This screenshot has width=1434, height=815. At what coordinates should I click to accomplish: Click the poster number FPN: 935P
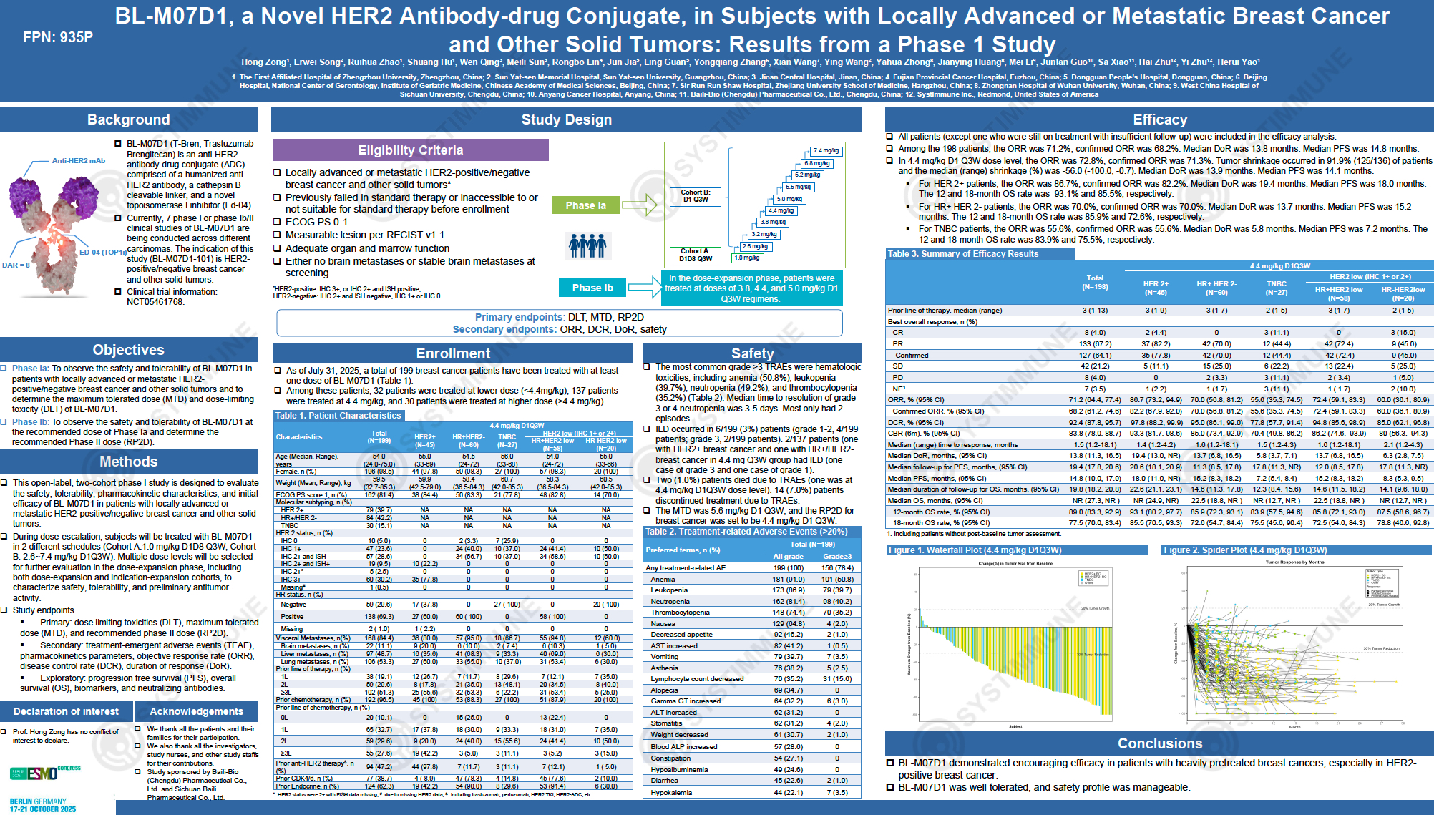coord(58,37)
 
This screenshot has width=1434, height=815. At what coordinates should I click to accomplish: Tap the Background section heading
coord(129,119)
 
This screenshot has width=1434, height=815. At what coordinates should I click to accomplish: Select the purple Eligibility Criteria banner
coord(410,150)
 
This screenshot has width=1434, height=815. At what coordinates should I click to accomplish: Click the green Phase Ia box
coord(585,205)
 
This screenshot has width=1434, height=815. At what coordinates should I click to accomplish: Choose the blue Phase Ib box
coord(592,288)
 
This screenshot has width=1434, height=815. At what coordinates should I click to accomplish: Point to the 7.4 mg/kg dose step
coord(826,151)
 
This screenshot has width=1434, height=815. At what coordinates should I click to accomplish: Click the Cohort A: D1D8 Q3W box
coord(696,255)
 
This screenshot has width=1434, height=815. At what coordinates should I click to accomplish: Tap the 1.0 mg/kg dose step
coord(747,258)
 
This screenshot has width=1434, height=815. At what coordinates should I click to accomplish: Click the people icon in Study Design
coord(587,245)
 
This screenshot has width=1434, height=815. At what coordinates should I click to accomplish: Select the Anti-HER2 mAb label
coord(78,161)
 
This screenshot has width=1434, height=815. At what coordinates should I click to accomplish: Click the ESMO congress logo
coord(44,773)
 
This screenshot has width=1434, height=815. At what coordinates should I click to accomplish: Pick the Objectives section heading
coord(129,350)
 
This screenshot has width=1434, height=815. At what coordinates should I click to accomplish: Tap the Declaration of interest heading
coord(66,711)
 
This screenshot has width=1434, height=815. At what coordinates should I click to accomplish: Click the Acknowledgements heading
coord(197,711)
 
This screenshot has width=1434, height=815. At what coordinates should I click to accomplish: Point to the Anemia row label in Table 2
coord(663,580)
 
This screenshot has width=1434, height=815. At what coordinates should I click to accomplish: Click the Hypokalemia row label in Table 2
coord(671,792)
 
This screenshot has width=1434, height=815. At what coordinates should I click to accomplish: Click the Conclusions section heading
coord(1159,743)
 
